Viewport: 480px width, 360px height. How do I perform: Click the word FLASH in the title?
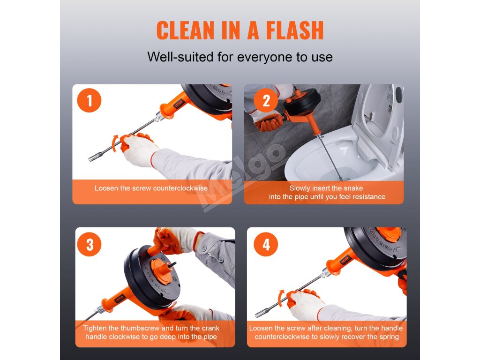pos(294,30)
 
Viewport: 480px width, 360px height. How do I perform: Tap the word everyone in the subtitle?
pos(264,57)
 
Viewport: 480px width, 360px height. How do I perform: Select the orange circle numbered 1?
pos(90,100)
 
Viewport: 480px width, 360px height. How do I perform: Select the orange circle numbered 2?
pos(266,100)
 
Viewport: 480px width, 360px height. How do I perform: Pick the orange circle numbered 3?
pos(90,244)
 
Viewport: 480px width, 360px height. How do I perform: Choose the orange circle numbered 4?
pos(266,244)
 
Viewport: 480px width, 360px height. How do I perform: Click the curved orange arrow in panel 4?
pos(280,298)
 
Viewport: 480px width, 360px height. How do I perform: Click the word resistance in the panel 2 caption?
pos(368,197)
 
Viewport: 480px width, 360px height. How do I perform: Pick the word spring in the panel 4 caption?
pos(389,337)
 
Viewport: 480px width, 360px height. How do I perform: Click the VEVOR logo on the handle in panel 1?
pos(178,104)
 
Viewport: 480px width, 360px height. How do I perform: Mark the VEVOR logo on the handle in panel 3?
pos(120,299)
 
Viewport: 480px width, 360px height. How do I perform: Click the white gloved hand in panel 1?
pos(139,150)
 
